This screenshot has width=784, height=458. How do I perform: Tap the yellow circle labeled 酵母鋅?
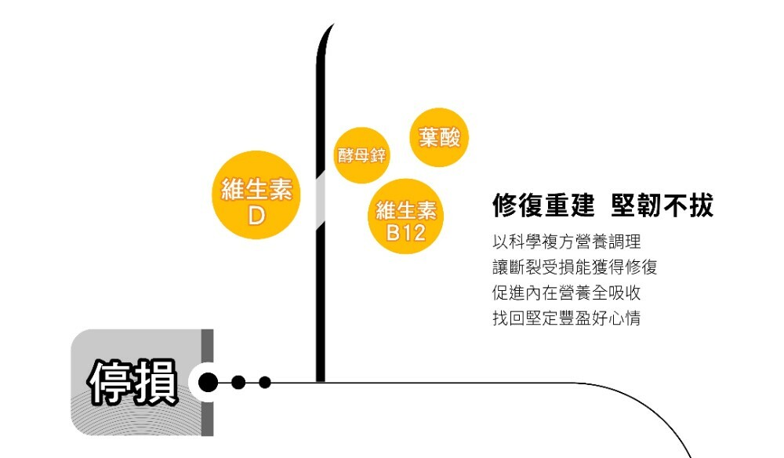(361, 155)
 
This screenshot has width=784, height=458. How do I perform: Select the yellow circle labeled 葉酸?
(440, 137)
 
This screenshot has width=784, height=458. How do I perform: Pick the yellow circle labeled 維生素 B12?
(405, 217)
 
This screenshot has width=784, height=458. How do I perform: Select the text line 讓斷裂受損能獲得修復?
(575, 267)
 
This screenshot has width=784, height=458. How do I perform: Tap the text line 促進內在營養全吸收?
(567, 293)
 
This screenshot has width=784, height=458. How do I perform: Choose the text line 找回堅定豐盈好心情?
(567, 319)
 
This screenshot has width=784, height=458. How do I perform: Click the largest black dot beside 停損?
(209, 383)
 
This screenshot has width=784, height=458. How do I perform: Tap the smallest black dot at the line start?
(265, 383)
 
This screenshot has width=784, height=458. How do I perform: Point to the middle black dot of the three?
(239, 383)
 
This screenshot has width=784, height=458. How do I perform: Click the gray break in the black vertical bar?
(320, 200)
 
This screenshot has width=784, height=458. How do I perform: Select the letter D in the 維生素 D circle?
(256, 214)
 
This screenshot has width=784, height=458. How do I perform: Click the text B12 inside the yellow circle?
(405, 232)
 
